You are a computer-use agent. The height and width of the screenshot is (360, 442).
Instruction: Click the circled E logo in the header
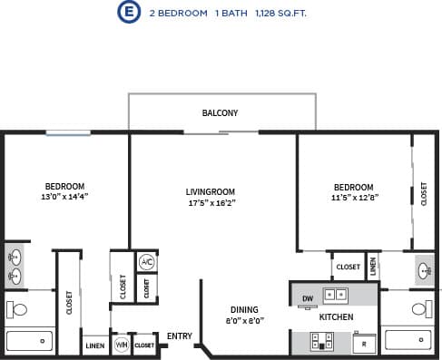131,13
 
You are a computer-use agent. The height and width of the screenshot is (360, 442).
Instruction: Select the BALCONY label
220,113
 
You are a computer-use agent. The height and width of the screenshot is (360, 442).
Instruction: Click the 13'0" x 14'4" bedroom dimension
64,196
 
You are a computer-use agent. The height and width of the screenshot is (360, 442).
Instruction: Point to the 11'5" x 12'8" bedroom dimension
353,197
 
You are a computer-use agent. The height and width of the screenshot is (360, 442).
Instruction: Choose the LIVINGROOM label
211,192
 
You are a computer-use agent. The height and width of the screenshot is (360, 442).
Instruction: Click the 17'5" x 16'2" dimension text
211,203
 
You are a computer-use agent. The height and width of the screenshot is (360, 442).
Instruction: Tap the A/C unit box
146,262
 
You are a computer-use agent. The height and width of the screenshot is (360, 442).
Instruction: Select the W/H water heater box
122,345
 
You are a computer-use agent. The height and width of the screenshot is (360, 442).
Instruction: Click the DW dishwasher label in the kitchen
307,297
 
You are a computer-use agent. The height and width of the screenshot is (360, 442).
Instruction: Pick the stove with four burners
322,341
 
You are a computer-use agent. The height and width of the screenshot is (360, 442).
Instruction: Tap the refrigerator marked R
363,345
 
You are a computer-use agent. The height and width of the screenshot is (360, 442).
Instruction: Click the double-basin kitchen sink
335,294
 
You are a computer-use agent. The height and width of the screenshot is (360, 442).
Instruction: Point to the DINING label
244,308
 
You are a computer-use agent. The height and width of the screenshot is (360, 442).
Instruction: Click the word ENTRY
180,336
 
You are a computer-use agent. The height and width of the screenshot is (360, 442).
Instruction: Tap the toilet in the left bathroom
16,309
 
